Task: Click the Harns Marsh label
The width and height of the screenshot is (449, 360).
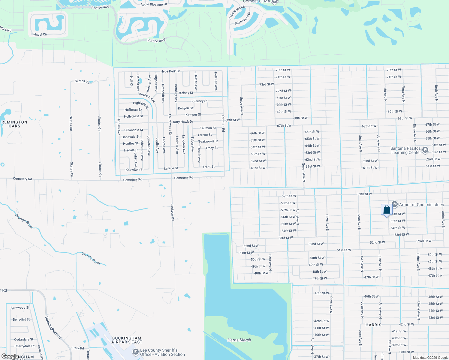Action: (x=239, y=340)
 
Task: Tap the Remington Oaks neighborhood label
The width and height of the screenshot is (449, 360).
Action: (x=14, y=124)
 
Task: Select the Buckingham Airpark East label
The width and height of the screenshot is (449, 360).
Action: (x=127, y=340)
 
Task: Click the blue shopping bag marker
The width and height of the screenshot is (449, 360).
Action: (x=387, y=209)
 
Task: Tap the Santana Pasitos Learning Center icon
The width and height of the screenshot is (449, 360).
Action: (x=425, y=150)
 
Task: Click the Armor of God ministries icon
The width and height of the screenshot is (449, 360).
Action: (x=395, y=204)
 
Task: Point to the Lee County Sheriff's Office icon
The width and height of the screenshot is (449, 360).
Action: (x=136, y=352)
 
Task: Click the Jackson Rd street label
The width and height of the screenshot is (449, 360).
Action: (x=173, y=212)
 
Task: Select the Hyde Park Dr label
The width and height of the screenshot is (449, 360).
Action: (x=170, y=71)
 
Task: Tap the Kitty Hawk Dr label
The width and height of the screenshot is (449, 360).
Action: (x=183, y=122)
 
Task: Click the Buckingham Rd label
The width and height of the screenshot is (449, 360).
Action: (x=53, y=328)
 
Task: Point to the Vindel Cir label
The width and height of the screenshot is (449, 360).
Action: (x=40, y=34)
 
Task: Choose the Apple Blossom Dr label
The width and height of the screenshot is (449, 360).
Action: (x=154, y=4)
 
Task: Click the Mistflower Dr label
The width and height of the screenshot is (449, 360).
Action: (x=243, y=18)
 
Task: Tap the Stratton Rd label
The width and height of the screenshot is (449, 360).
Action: (x=223, y=124)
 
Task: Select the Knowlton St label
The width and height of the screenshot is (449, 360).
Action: (x=134, y=169)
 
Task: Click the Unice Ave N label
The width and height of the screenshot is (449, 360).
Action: (x=241, y=106)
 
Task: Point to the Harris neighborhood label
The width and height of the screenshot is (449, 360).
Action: (x=373, y=325)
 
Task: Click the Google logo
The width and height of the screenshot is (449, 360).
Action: (x=10, y=356)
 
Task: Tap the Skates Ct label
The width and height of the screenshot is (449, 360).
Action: (x=82, y=81)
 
